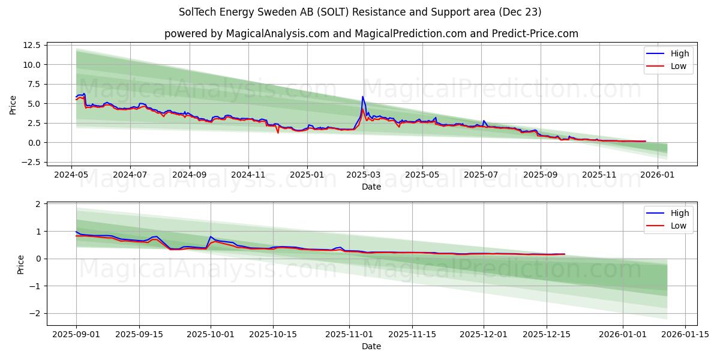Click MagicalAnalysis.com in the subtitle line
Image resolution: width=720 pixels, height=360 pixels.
click(277, 34)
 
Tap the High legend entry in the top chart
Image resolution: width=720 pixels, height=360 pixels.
click(680, 53)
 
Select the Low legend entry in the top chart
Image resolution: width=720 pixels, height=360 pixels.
click(679, 66)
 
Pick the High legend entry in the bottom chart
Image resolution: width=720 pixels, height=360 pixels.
click(680, 213)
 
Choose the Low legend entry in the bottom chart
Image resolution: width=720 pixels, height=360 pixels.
click(679, 226)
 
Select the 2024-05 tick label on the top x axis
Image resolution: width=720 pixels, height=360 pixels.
click(72, 175)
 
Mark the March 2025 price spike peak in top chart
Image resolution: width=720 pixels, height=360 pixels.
click(362, 97)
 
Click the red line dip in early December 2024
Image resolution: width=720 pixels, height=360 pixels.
click(278, 132)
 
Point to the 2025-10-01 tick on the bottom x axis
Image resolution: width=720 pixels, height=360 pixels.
click(211, 334)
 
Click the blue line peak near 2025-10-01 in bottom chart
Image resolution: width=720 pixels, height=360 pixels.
click(211, 237)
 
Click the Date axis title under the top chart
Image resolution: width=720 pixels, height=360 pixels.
click(371, 187)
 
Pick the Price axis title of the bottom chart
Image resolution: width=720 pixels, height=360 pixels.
click(22, 264)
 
